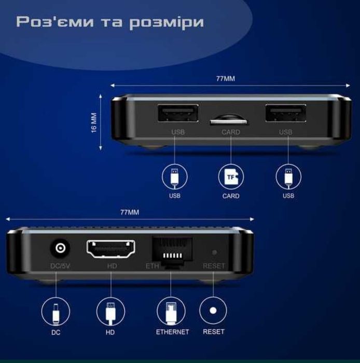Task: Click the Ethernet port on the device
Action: coord(172,252)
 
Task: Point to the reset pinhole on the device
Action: coord(214,252)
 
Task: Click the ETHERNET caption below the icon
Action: coord(172,331)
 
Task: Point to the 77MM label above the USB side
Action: coord(225,79)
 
